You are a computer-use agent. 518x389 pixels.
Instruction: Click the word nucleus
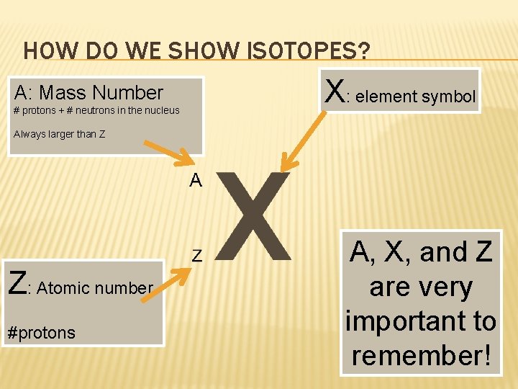pyautogui.click(x=161, y=110)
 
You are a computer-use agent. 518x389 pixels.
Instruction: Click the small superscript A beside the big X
pyautogui.click(x=196, y=180)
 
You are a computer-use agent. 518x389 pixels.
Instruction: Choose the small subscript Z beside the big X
pyautogui.click(x=196, y=256)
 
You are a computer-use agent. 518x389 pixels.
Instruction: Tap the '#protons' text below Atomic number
pyautogui.click(x=40, y=332)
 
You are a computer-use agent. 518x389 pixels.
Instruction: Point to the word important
pyautogui.click(x=421, y=321)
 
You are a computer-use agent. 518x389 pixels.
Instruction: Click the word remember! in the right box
pyautogui.click(x=421, y=354)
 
